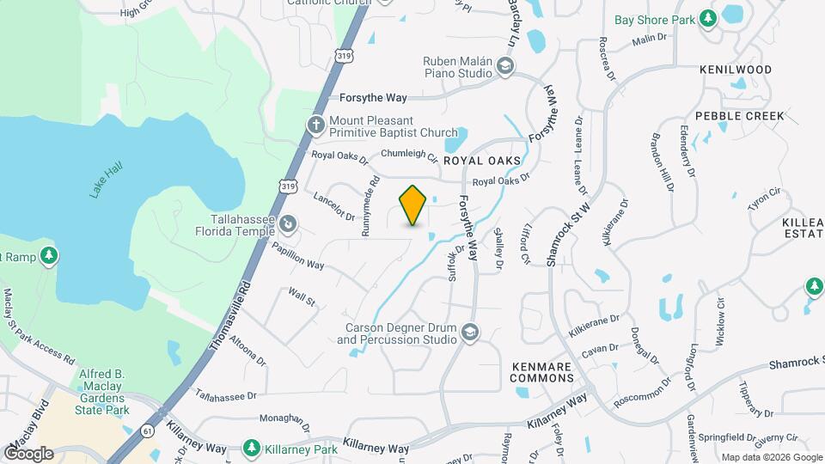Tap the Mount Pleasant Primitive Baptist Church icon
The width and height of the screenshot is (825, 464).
[x=315, y=125]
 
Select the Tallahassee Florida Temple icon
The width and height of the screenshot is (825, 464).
[x=290, y=225]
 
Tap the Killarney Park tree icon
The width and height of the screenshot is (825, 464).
[x=251, y=449]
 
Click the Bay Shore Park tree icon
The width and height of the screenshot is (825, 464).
[x=707, y=19]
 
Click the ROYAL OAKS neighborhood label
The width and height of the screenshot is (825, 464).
[x=482, y=161]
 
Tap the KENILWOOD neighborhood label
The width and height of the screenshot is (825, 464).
[x=735, y=70]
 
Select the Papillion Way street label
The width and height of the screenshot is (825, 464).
[x=297, y=254]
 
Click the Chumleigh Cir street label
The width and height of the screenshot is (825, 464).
[x=409, y=154]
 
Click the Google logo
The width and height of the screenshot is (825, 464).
[x=28, y=453]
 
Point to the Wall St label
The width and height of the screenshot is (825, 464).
[x=302, y=297]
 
